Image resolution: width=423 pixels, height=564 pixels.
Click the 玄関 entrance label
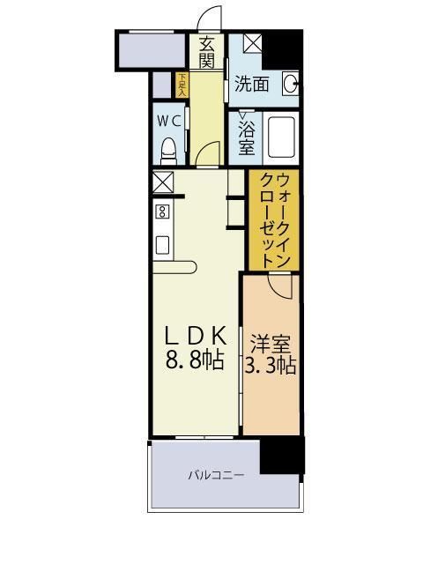207,52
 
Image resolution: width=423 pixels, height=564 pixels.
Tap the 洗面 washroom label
251,85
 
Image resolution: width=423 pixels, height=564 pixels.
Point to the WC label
169,120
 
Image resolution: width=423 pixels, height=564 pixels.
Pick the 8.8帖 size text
197,360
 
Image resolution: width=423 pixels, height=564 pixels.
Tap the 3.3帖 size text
270,366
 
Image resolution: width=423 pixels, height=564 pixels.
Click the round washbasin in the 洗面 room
290,85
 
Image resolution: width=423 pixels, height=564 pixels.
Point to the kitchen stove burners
161,211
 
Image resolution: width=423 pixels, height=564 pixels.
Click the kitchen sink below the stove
162,244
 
